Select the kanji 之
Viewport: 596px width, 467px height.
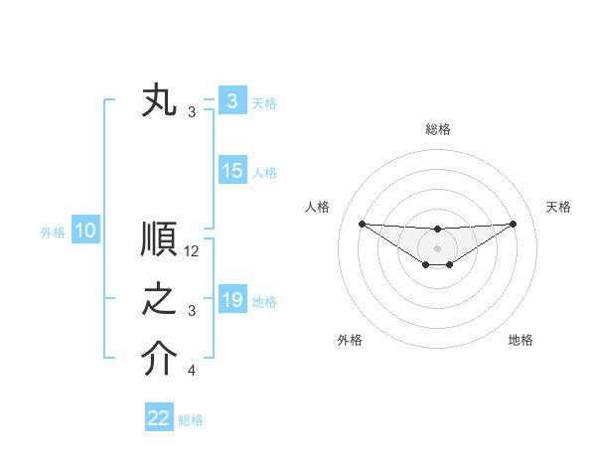click(x=160, y=300)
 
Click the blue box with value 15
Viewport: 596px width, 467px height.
click(x=231, y=171)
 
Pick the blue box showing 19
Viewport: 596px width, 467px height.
click(x=231, y=300)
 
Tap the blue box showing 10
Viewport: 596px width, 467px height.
click(x=84, y=232)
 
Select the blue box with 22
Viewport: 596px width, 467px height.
click(x=159, y=418)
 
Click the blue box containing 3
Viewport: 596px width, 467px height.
click(x=231, y=101)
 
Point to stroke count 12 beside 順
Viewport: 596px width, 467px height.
click(x=192, y=252)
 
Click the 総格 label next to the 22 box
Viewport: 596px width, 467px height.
click(x=191, y=420)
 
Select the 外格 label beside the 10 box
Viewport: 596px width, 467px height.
click(x=53, y=233)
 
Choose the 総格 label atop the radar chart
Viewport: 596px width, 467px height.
click(x=437, y=129)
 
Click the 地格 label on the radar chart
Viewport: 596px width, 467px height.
click(x=521, y=340)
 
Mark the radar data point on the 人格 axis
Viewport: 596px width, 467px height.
click(x=362, y=224)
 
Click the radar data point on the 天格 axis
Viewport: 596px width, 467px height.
click(x=513, y=224)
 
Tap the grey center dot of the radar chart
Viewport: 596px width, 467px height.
click(x=437, y=247)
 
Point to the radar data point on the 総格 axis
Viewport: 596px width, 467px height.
click(x=437, y=230)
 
